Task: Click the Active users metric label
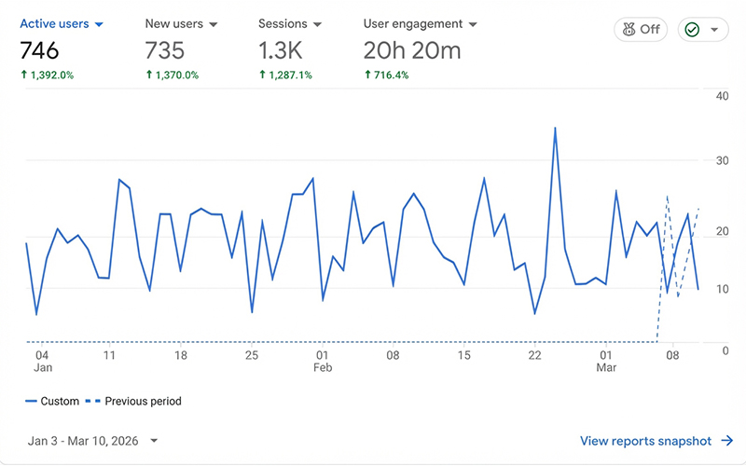tap(54, 24)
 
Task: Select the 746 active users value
tap(39, 50)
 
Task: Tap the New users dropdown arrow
tap(214, 25)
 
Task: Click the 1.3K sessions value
tap(281, 50)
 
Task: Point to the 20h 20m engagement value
tap(412, 50)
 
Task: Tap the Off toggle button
tap(641, 30)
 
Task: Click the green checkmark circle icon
tap(692, 30)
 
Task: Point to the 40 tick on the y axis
tap(722, 96)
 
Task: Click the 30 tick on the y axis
tap(722, 160)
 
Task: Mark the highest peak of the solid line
tap(555, 128)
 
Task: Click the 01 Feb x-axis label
tap(322, 362)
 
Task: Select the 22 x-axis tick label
tap(534, 355)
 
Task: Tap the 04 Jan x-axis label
tap(42, 362)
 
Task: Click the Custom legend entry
tap(52, 402)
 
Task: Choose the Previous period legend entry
tap(133, 402)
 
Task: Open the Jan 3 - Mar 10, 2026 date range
tap(92, 441)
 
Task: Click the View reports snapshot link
tap(656, 441)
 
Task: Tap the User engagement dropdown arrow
tap(473, 25)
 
